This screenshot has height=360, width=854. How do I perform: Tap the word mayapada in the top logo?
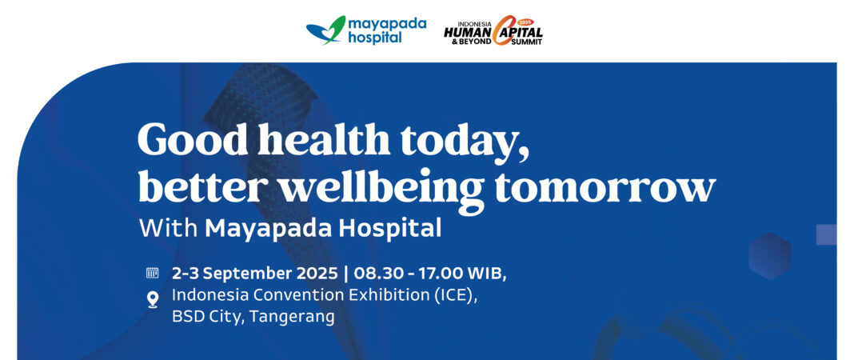tap(387, 23)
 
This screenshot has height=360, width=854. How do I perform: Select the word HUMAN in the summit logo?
tap(469, 30)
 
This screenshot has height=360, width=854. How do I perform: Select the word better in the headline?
tap(188, 187)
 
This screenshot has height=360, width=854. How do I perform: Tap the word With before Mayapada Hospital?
tap(168, 228)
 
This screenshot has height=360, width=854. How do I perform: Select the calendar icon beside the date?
tap(152, 273)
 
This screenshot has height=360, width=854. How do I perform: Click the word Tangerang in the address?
tap(292, 316)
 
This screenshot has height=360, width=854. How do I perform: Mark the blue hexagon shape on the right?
tap(769, 256)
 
